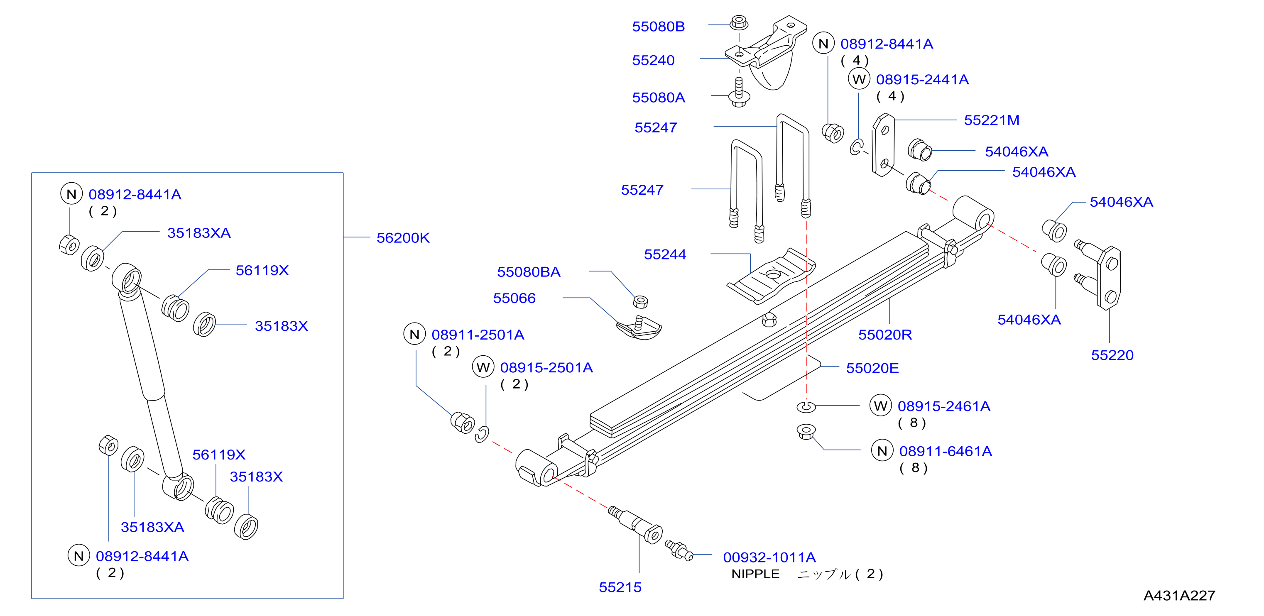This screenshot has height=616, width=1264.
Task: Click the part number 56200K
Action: [403, 238]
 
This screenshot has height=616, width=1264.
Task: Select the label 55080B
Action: [658, 27]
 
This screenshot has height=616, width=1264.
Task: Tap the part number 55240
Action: [653, 60]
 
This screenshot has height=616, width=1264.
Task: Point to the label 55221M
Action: [992, 120]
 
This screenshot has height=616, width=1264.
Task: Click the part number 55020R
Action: [885, 335]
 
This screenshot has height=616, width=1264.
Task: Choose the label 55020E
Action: [872, 368]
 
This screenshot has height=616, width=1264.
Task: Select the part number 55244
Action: [665, 254]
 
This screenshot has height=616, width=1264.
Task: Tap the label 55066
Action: [514, 298]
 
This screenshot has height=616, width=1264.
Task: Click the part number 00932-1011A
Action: [769, 557]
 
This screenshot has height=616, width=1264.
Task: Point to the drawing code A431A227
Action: [1179, 595]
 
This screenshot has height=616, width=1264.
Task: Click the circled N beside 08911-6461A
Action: [882, 451]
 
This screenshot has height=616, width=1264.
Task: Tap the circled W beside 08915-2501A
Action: [483, 367]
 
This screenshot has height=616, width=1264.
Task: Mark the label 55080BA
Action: [529, 272]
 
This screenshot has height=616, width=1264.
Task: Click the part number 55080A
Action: [659, 98]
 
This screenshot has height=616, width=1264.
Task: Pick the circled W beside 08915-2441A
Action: [859, 79]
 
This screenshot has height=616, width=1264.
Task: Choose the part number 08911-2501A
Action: [478, 335]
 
